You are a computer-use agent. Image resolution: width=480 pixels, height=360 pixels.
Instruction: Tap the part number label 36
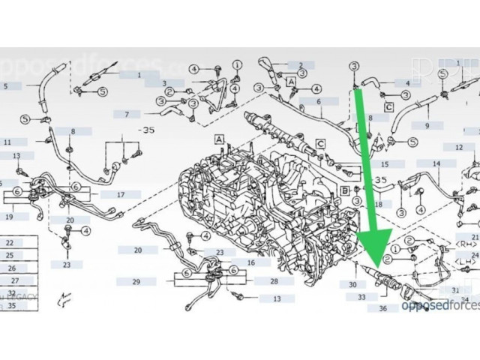pyautogui.click(x=383, y=308)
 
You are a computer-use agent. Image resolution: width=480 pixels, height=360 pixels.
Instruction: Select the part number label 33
pyautogui.click(x=362, y=297)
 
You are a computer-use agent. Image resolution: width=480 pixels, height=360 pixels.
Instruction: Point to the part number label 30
pyautogui.click(x=352, y=285)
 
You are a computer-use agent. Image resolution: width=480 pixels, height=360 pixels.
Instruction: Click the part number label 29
pyautogui.click(x=135, y=281)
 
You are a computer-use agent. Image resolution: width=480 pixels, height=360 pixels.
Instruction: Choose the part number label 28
pyautogui.click(x=274, y=281)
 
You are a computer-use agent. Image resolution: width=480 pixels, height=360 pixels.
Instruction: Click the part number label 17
pyautogui.click(x=120, y=194)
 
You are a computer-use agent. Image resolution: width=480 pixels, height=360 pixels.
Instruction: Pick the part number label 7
pyautogui.click(x=127, y=114)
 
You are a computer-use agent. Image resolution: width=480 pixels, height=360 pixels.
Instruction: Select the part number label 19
pyautogui.click(x=9, y=217)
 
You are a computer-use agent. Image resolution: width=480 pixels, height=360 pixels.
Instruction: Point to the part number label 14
pyautogui.click(x=435, y=163)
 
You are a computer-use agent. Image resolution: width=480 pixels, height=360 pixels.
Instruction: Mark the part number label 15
pyautogui.click(x=384, y=163)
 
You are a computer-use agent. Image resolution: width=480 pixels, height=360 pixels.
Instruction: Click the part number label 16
pyautogui.click(x=252, y=262)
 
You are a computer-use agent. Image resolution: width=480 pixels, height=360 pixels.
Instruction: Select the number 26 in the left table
pyautogui.click(x=11, y=268)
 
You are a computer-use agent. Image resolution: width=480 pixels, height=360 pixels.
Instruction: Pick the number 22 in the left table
pyautogui.click(x=10, y=243)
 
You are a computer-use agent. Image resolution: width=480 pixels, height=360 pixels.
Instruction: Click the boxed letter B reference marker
pyautogui.click(x=344, y=190)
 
